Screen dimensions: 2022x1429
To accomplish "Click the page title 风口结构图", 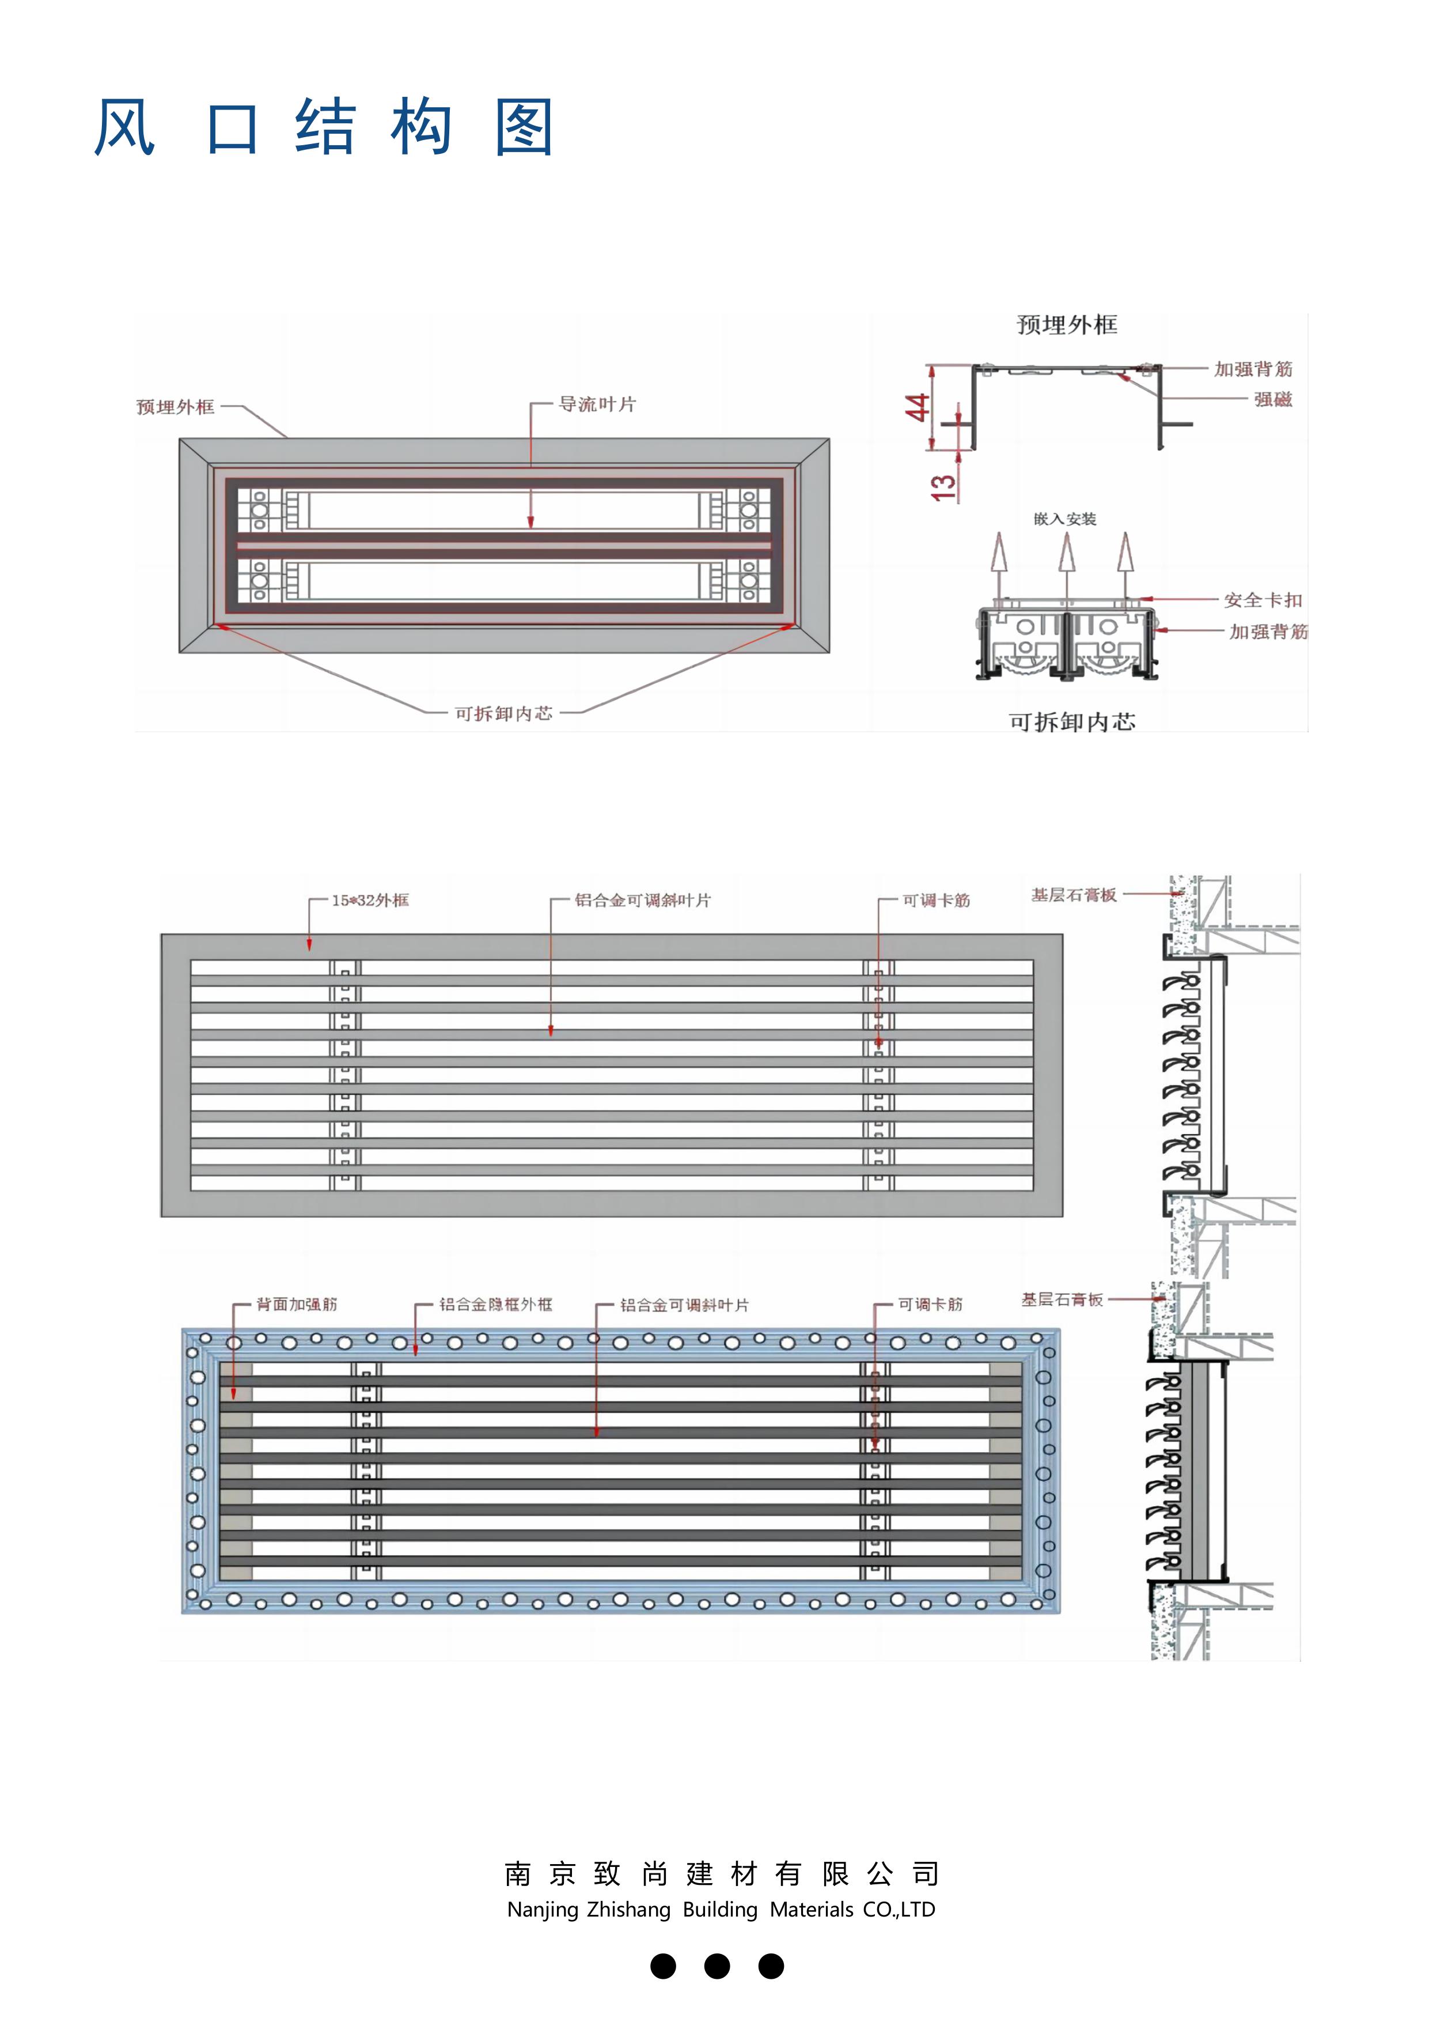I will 324,128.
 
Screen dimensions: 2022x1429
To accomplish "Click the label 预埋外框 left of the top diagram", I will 175,407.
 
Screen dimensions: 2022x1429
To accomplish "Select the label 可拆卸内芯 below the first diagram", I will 503,713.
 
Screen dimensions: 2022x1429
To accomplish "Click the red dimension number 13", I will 943,487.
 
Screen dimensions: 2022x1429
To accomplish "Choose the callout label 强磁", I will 1273,399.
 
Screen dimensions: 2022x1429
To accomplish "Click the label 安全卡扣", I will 1263,600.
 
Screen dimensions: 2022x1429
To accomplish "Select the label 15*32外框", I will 370,900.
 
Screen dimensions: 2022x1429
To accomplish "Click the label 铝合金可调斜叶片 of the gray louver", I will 643,900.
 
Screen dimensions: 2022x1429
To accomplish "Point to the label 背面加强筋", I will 297,1304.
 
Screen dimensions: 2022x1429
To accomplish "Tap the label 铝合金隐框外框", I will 496,1304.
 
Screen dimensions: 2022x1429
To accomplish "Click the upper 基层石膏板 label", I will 1073,895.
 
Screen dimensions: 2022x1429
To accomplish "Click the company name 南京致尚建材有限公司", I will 721,1874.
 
